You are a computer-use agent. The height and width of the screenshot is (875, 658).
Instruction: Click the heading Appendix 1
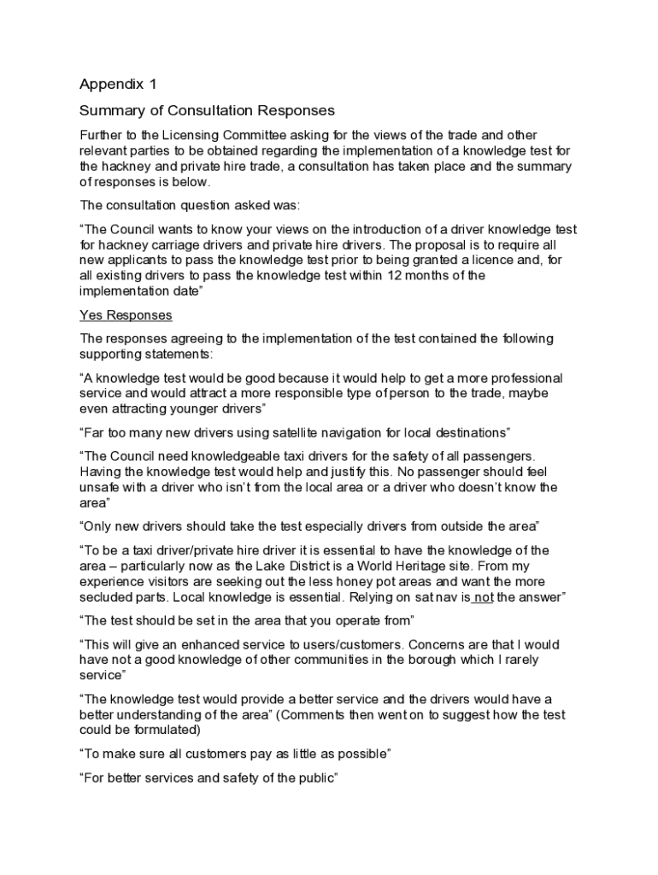click(119, 84)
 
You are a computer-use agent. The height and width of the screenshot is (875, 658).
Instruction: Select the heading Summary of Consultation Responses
click(207, 111)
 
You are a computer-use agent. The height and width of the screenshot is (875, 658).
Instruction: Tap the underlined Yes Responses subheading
click(126, 315)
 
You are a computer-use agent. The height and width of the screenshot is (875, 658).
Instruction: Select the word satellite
click(301, 432)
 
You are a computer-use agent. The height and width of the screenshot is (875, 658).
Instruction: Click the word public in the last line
click(316, 778)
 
